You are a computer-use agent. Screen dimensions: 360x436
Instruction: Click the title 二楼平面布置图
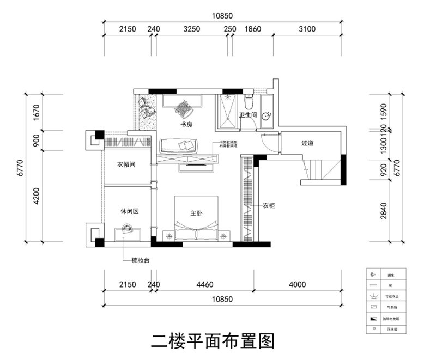pyautogui.click(x=212, y=341)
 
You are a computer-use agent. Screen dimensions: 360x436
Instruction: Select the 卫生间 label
pyautogui.click(x=248, y=115)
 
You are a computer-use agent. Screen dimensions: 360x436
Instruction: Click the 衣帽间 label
pyautogui.click(x=125, y=164)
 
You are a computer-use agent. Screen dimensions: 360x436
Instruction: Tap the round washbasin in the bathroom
pyautogui.click(x=267, y=116)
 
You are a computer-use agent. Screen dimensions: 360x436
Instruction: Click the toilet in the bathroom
pyautogui.click(x=249, y=102)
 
